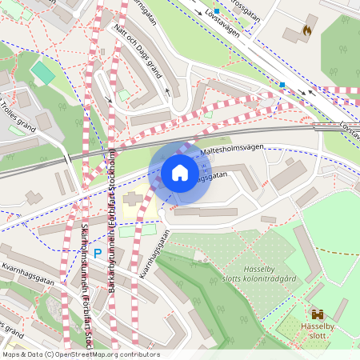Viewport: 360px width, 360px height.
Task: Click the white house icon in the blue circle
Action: click(x=180, y=173)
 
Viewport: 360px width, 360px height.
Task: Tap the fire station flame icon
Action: click(x=306, y=30)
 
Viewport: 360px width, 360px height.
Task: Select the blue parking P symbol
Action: click(x=98, y=254)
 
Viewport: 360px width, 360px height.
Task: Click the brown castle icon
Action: click(x=318, y=315)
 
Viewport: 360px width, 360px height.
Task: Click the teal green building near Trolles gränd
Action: click(x=42, y=74)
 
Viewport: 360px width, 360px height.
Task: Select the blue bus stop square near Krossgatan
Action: click(x=216, y=11)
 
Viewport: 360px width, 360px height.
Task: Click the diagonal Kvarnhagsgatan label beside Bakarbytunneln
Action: click(x=149, y=248)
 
